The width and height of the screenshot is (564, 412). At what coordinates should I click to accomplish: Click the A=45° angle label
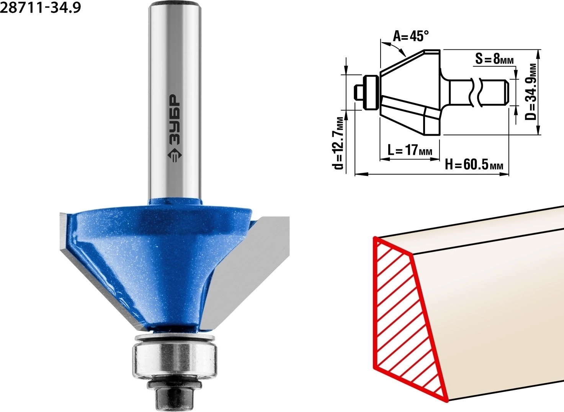coord(411,36)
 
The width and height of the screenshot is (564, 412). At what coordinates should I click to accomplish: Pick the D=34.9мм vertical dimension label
coord(531,92)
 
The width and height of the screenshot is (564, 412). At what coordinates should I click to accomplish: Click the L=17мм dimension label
coord(410,151)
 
